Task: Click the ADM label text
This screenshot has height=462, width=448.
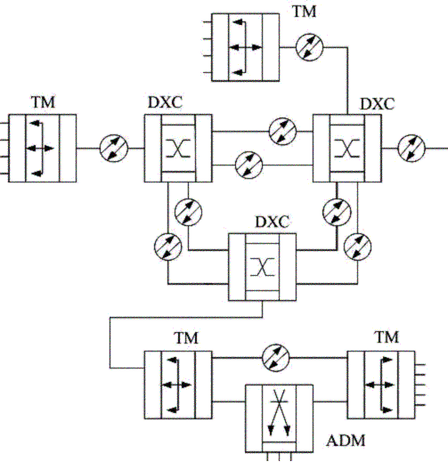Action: tap(346, 441)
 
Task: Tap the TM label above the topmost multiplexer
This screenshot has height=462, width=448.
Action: tap(305, 12)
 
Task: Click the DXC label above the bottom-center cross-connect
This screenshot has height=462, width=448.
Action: tap(272, 222)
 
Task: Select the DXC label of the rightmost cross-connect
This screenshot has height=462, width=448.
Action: tap(378, 104)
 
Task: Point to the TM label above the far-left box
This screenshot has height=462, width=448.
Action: tap(43, 102)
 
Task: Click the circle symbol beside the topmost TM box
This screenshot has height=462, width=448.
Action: tap(310, 47)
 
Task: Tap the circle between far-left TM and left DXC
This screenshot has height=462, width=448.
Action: tap(114, 148)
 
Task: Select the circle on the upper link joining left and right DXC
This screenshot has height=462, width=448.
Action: tap(282, 131)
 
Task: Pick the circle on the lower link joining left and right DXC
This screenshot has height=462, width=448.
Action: tap(248, 166)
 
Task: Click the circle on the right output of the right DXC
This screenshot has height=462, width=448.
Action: tap(411, 148)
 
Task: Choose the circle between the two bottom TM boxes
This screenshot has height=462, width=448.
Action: tap(275, 358)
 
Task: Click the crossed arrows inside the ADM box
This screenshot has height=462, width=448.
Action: tap(279, 412)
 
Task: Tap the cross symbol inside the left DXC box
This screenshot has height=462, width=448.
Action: tap(178, 148)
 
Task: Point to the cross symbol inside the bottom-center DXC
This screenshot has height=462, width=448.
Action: tap(262, 267)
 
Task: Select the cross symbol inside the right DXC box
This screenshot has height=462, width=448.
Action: tap(346, 148)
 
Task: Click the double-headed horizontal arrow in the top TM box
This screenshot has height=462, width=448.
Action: tap(246, 47)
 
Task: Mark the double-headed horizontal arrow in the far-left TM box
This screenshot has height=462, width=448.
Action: tap(40, 148)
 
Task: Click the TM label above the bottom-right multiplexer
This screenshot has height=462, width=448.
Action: tap(387, 338)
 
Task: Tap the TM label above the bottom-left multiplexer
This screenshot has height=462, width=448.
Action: tap(186, 338)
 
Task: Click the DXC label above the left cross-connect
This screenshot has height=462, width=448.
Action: tap(165, 103)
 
